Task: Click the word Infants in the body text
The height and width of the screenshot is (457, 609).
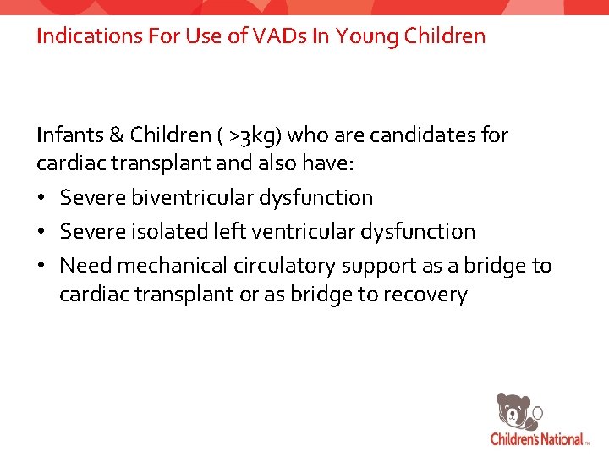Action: tap(66, 135)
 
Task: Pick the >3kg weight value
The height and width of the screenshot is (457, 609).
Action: tap(253, 135)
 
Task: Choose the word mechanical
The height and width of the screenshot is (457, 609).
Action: tap(172, 265)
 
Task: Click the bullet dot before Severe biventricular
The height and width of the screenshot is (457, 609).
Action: tap(42, 198)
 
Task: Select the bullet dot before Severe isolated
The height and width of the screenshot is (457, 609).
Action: tap(42, 232)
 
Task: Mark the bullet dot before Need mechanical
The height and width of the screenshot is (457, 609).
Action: tap(42, 266)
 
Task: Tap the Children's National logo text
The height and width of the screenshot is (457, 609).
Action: tap(537, 438)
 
